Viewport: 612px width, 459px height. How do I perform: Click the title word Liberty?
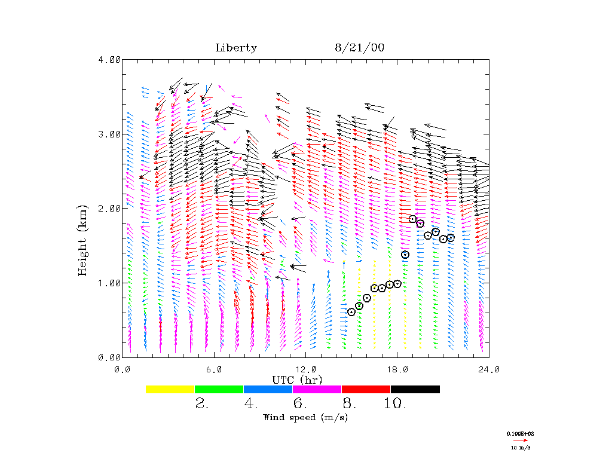click(236, 48)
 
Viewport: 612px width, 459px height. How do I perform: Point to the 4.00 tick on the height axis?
click(109, 60)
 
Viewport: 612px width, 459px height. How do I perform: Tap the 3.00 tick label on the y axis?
click(109, 134)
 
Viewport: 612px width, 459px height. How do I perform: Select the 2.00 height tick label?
click(109, 208)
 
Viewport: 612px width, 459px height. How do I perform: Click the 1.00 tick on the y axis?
click(109, 283)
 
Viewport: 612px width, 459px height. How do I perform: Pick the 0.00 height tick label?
click(109, 357)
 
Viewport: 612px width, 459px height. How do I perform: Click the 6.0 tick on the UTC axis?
click(213, 369)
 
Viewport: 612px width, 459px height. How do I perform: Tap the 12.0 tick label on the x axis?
click(305, 369)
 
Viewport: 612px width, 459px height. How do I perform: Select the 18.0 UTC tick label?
click(397, 369)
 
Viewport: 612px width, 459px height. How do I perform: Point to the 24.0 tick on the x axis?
click(488, 369)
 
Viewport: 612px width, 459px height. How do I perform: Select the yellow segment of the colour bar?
click(170, 389)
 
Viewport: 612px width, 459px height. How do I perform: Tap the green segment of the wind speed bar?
click(219, 389)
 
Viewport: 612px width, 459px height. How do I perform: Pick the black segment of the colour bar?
click(415, 389)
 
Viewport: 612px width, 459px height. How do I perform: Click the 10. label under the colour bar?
click(395, 404)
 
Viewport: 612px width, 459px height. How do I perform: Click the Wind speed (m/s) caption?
click(305, 417)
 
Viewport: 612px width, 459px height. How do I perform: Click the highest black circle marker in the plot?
click(412, 219)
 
